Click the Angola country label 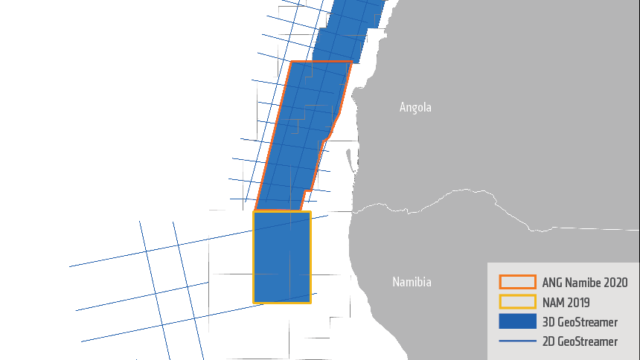pos(415,107)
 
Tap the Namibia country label pos(412,282)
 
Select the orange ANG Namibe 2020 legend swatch pos(517,282)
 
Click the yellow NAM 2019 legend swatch pos(517,302)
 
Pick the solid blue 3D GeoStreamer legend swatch pos(517,322)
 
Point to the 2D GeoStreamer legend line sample pos(517,341)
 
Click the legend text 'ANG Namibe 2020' pos(585,283)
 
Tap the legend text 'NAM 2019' pos(566,303)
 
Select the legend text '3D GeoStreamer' pos(580,322)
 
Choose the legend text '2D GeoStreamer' pos(580,341)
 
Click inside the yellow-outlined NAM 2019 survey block pos(282,257)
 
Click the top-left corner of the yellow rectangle pos(254,212)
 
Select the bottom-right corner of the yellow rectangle pos(310,302)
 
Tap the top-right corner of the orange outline pos(351,62)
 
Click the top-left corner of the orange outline pos(291,62)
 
